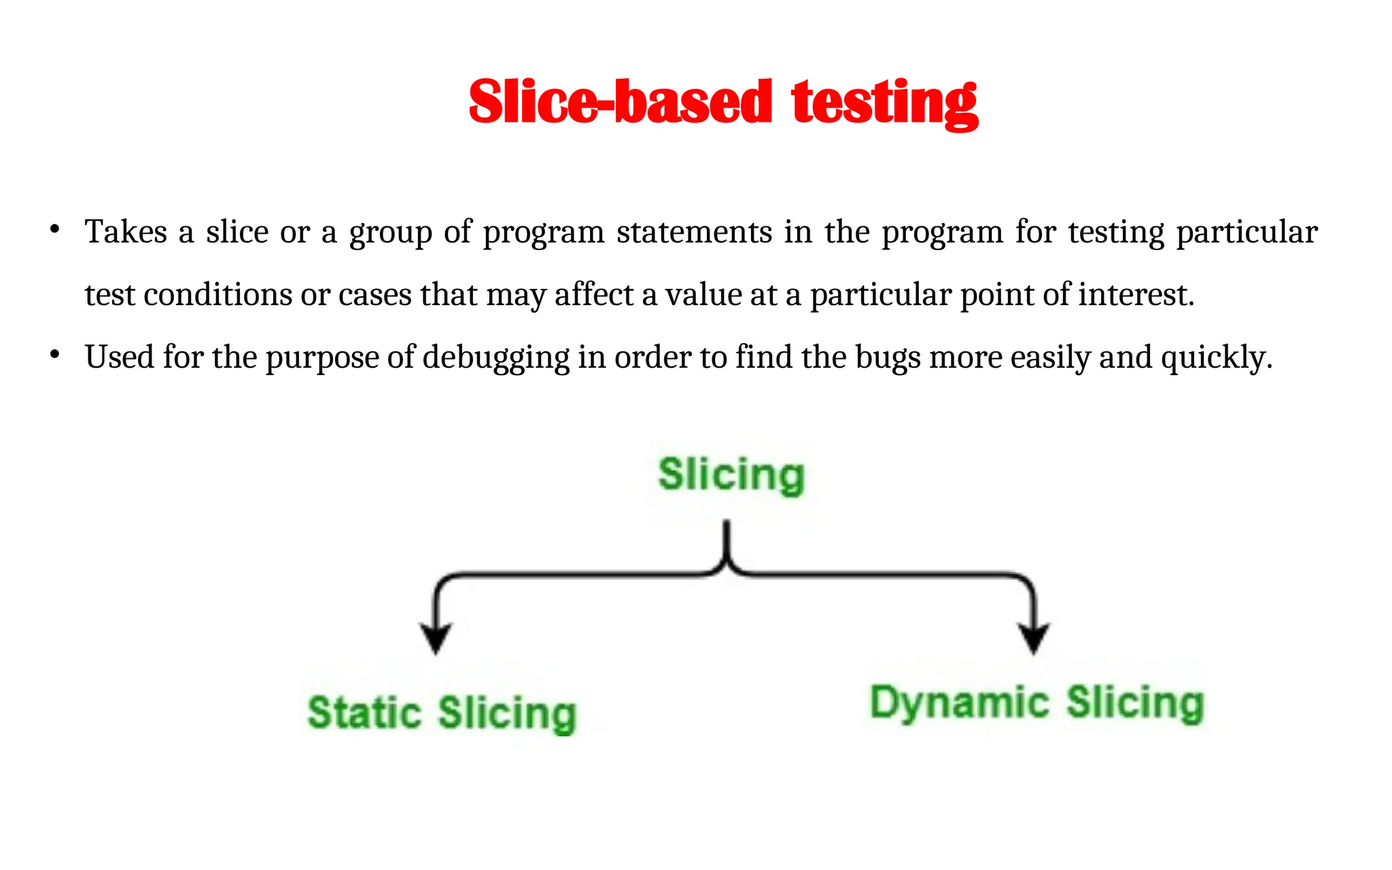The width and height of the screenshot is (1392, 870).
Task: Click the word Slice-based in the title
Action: tap(620, 102)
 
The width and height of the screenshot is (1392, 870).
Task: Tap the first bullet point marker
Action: tap(56, 229)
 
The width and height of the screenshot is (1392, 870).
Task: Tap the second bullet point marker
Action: tap(56, 354)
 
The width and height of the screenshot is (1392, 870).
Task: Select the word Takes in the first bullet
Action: tap(126, 232)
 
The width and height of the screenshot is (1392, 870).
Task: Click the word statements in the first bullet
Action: tap(694, 232)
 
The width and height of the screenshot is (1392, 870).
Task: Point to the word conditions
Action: tap(217, 295)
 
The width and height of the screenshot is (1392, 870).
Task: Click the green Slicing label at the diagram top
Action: tap(731, 474)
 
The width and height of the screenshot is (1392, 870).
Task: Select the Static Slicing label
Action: tap(442, 713)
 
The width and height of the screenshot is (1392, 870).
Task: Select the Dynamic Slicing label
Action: tap(1037, 703)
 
